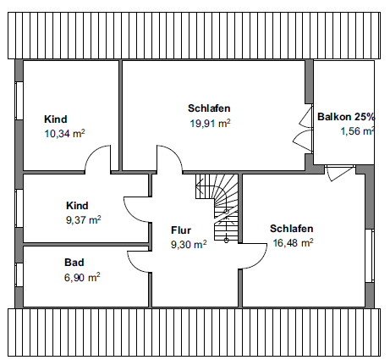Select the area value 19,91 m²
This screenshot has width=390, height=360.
pos(210,123)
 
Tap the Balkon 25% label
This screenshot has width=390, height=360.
pos(345,117)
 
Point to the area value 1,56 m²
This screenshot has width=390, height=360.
pos(356,131)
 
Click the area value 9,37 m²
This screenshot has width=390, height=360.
pos(83,219)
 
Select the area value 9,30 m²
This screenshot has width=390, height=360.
pos(189,244)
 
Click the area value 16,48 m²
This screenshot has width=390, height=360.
pos(293,242)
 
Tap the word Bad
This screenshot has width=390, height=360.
pos(74,263)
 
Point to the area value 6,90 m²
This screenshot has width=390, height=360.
pos(82,277)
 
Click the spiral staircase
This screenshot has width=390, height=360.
pos(218,207)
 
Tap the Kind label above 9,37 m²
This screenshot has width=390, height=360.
pos(77,206)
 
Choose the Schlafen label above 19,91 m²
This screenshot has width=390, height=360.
pos(209,108)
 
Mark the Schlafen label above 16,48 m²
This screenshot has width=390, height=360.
pos(292,229)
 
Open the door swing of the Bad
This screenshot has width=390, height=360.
pos(139,263)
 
